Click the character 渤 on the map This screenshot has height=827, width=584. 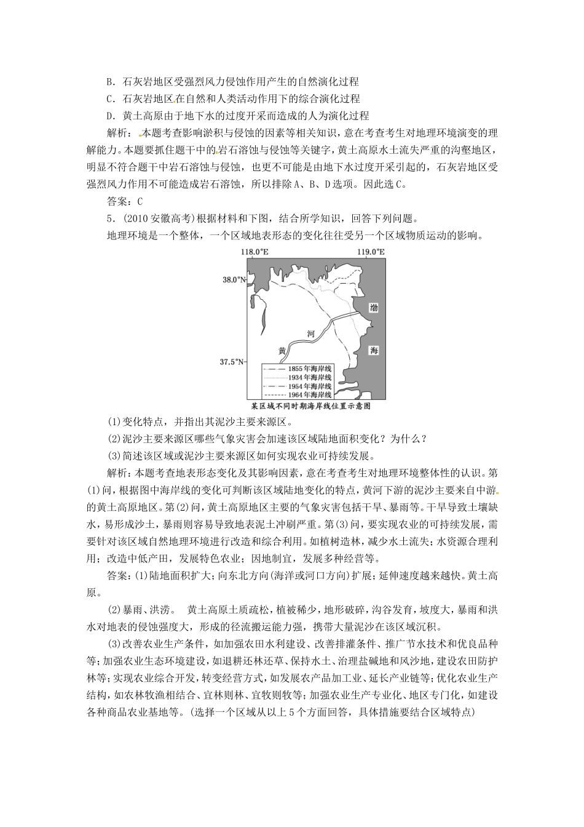click(x=374, y=308)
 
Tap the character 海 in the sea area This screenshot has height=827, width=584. click(x=374, y=350)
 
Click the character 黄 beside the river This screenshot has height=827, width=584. click(x=282, y=350)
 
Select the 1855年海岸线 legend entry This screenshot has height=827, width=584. click(x=298, y=368)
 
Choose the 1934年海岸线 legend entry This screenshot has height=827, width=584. click(x=298, y=377)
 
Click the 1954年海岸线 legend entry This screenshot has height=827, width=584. click(x=298, y=385)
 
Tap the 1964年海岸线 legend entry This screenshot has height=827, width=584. click(x=298, y=394)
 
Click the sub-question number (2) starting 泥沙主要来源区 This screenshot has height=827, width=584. click(x=114, y=439)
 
